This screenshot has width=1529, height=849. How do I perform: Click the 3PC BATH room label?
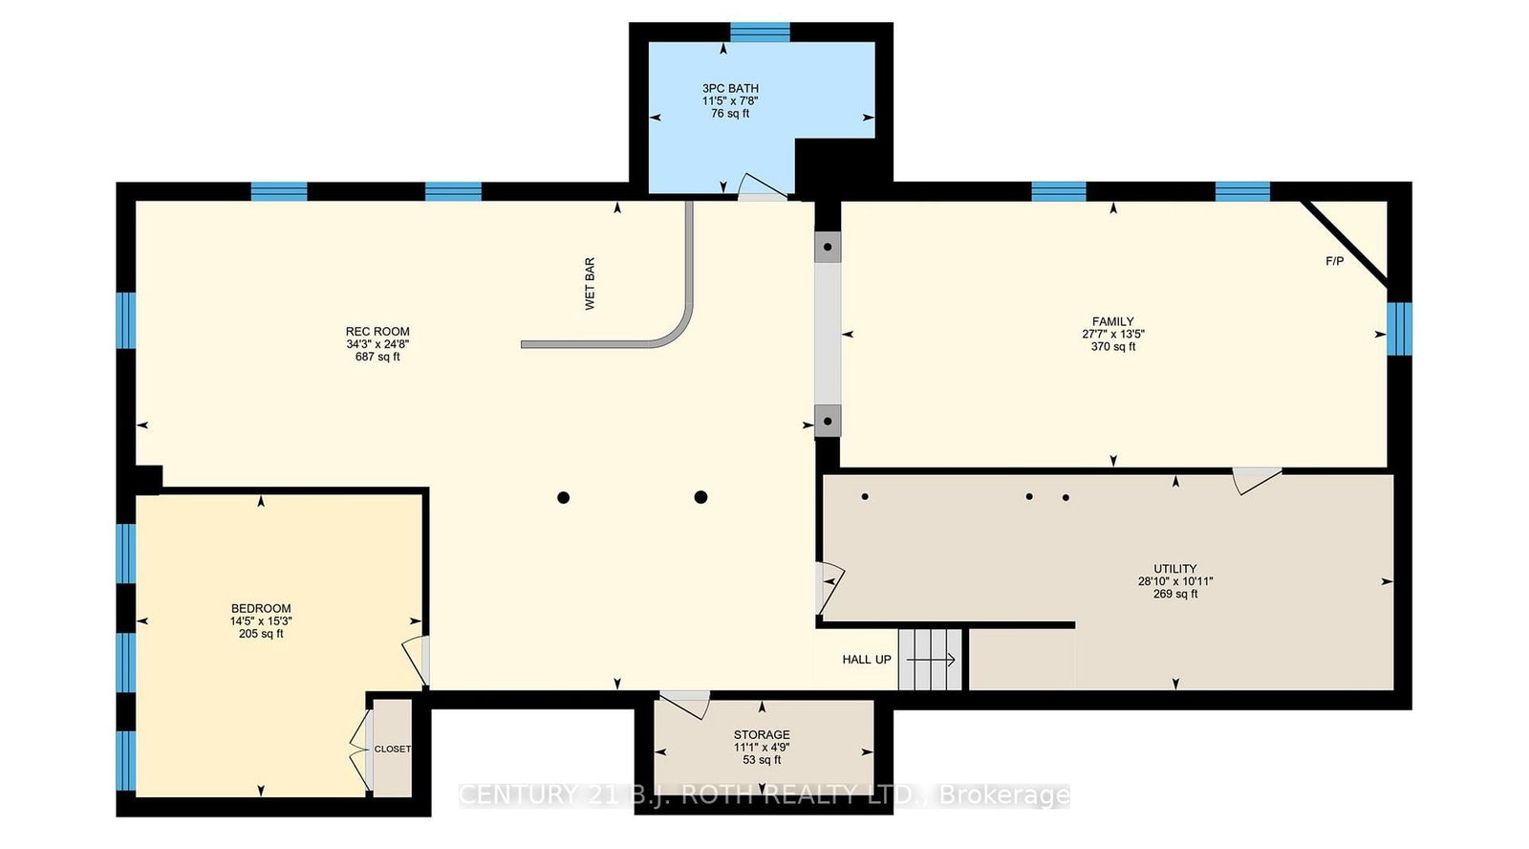730,88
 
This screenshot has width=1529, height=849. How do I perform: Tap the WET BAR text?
590,283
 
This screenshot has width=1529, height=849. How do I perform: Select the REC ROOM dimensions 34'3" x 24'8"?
377,344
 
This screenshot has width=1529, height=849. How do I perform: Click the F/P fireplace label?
1334,261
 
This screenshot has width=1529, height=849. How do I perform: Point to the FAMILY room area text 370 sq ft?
1113,347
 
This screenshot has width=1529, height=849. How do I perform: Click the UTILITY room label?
1174,568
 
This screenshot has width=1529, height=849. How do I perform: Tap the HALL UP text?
866,660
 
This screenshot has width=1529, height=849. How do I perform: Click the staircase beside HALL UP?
930,660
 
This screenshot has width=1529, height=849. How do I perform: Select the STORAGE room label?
762,735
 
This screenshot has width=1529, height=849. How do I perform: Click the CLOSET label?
392,749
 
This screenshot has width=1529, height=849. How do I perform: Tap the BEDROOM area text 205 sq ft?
261,634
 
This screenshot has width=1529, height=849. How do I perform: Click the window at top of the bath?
760,33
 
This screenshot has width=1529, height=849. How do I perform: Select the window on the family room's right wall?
1399,328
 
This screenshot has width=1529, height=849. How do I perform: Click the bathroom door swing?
763,187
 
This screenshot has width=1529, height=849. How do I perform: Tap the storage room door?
685,704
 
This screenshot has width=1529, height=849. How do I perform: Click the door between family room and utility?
1256,479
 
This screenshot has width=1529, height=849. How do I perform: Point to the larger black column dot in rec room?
700,497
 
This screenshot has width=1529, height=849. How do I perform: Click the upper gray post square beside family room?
828,247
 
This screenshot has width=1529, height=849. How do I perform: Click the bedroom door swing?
415,660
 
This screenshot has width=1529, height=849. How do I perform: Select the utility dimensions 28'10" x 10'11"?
1174,581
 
